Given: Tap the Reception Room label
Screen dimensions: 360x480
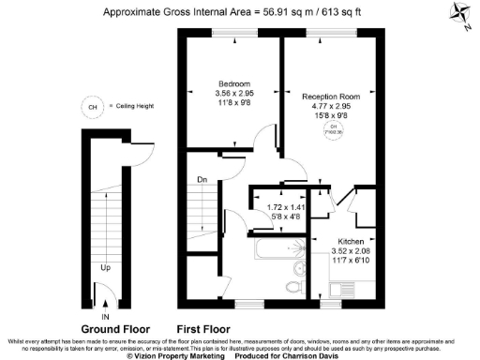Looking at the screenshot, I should coord(332,96).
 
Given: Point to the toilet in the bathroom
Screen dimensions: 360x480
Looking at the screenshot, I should coord(294,287).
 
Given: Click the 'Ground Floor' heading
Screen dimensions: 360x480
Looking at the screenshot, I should coord(112,329).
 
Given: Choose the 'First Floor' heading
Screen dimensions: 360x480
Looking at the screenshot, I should coord(203,329).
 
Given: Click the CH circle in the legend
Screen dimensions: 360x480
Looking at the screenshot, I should coord(91,106).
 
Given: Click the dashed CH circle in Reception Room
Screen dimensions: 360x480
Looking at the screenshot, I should coord(332,129).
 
